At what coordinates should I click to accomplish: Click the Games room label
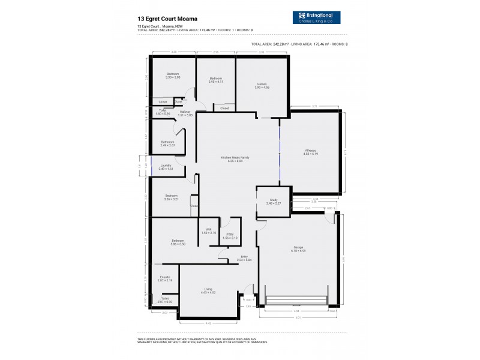pos(262,84)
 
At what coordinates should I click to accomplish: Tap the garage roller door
pos(297,300)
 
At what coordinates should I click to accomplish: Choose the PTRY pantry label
pos(230,235)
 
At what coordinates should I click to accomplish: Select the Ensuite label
pos(165,277)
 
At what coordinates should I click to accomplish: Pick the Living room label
pos(208,290)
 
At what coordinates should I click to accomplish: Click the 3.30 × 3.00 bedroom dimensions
pos(173,77)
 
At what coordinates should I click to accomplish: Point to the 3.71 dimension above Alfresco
pos(314,106)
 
